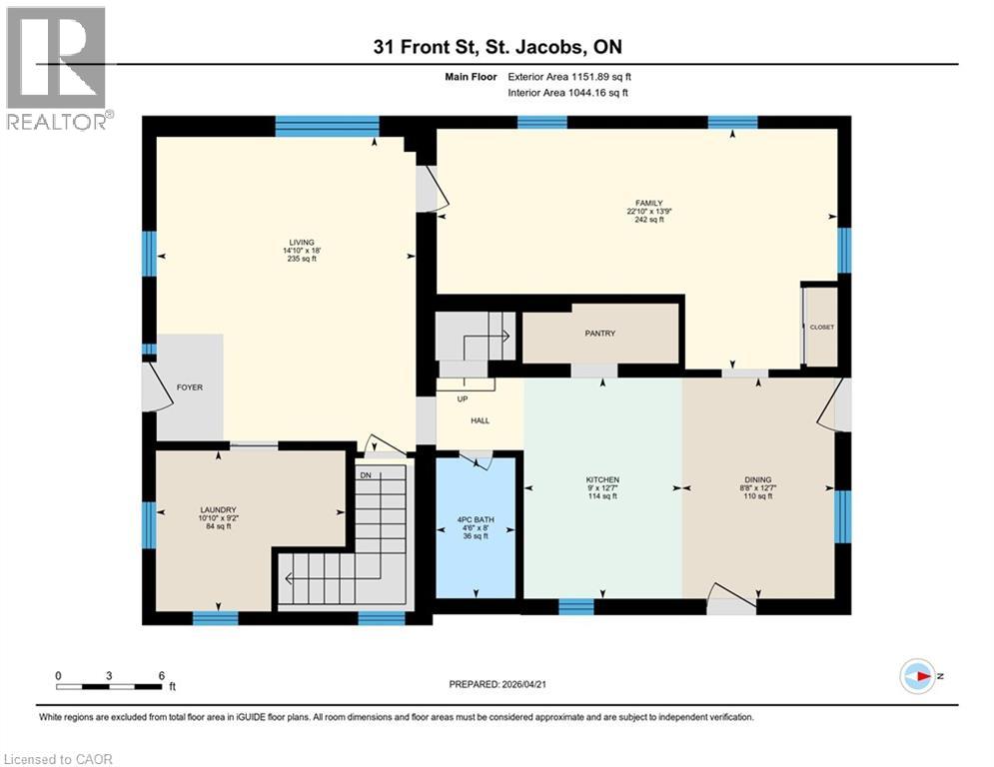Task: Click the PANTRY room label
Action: click(599, 334)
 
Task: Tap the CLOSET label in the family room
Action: click(821, 328)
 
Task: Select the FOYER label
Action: click(189, 387)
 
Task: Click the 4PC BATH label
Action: click(476, 519)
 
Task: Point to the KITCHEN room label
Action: click(602, 479)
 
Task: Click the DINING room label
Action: click(757, 479)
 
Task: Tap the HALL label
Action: click(481, 420)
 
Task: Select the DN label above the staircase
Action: click(366, 474)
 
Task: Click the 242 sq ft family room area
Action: click(644, 220)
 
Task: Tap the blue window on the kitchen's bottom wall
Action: click(575, 606)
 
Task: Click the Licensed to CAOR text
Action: click(59, 759)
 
